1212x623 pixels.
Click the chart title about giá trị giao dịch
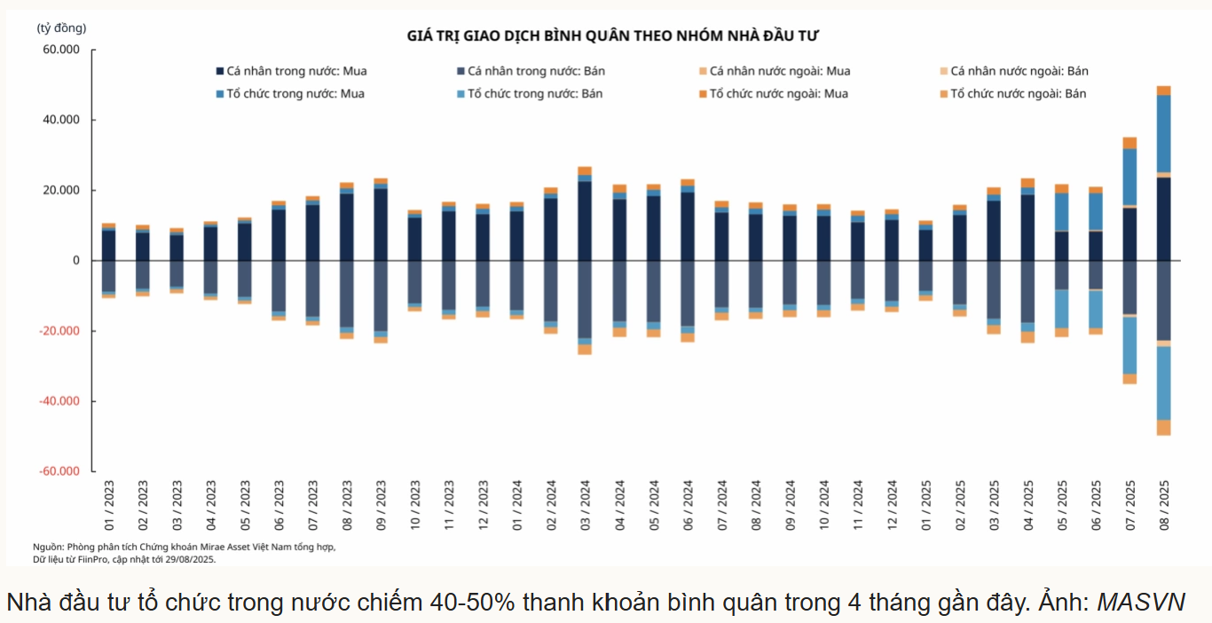612,35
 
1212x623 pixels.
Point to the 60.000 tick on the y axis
61,50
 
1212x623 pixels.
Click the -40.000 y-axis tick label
59,401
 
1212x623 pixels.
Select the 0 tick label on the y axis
76,261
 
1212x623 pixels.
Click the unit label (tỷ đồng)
61,28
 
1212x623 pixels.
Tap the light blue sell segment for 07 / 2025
1129,344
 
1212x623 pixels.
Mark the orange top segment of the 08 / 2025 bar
1163,91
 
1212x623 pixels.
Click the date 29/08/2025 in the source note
189,560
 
